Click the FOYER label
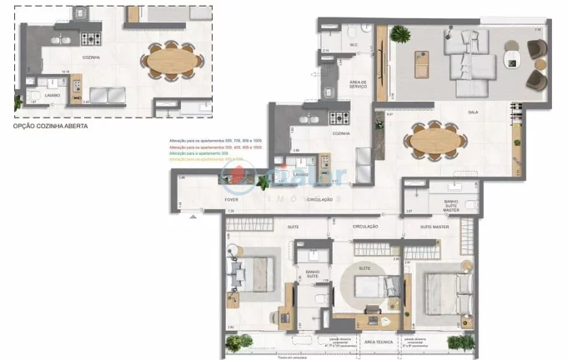(x=233, y=200)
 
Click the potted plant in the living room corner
(x=401, y=34)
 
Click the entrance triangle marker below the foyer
(x=194, y=217)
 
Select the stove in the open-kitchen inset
(x=89, y=37)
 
